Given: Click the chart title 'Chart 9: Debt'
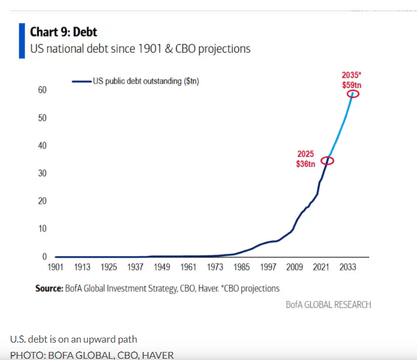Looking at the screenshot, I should pyautogui.click(x=64, y=32).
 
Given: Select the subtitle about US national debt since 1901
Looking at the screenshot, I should pyautogui.click(x=140, y=48).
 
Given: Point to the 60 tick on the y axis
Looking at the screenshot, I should pyautogui.click(x=42, y=90).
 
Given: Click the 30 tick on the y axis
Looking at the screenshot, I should pyautogui.click(x=42, y=173).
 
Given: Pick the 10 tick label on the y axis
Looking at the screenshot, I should pyautogui.click(x=42, y=228).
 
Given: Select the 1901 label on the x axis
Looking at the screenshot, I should pyautogui.click(x=55, y=268).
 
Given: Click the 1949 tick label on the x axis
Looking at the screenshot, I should pyautogui.click(x=162, y=268).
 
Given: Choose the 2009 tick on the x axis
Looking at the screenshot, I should pyautogui.click(x=294, y=268).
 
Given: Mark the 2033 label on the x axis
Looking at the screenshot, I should pyautogui.click(x=347, y=268).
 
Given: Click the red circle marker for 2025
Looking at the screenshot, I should pyautogui.click(x=328, y=161).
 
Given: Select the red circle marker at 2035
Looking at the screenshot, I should pyautogui.click(x=353, y=94).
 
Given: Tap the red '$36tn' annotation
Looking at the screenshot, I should pyautogui.click(x=305, y=164).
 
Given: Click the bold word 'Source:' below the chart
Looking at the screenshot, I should pyautogui.click(x=49, y=288).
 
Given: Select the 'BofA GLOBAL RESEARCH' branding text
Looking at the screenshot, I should pyautogui.click(x=328, y=305).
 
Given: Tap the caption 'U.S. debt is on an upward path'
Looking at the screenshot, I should pyautogui.click(x=74, y=339).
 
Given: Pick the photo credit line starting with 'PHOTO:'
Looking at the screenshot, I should pyautogui.click(x=92, y=355).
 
